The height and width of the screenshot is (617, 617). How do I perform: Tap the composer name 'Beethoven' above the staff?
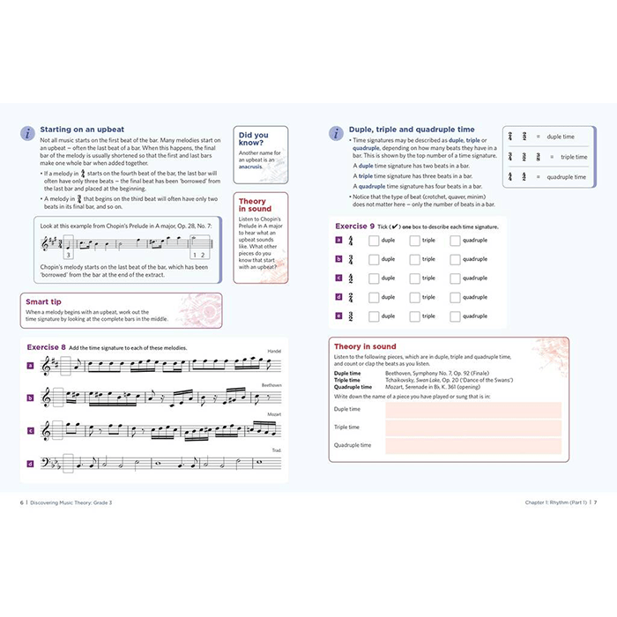point(271,384)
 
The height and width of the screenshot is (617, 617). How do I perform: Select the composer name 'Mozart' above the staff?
point(274,414)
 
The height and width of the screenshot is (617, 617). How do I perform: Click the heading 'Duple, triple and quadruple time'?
point(412,130)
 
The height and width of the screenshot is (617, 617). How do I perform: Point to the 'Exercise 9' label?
point(359,227)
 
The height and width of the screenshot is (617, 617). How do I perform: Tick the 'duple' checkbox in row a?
point(374,240)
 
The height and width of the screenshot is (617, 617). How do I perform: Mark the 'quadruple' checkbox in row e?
point(455,316)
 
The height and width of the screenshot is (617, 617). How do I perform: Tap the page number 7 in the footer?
point(595,502)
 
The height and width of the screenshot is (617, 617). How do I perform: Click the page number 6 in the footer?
point(22,502)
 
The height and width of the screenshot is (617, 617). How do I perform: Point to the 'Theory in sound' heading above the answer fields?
point(366,346)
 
